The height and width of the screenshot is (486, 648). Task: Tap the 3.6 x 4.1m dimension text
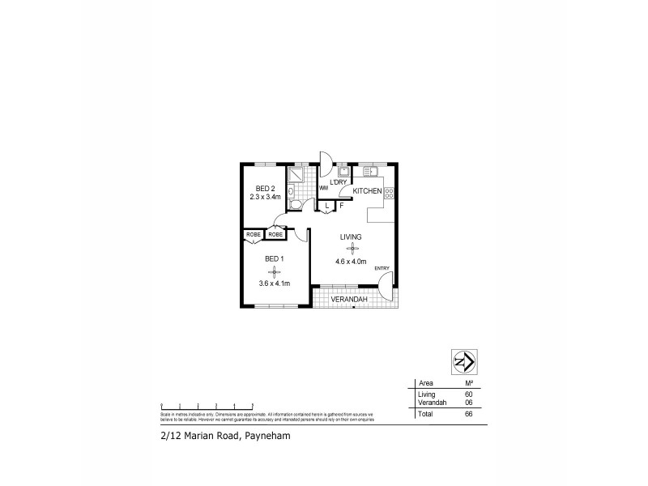click(x=275, y=283)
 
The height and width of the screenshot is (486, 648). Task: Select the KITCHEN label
click(x=367, y=190)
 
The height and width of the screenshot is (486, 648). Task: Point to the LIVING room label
click(x=351, y=237)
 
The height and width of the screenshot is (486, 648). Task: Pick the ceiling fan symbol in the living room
click(x=351, y=249)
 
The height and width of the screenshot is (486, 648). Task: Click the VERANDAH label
click(x=351, y=301)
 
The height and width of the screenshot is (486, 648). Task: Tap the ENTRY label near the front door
click(x=382, y=268)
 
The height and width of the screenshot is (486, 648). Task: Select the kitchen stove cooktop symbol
click(x=389, y=193)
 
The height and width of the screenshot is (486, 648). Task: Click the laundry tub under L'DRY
click(x=344, y=171)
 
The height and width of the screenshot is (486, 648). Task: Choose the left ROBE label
click(x=254, y=235)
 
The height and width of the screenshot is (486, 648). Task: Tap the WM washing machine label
click(x=323, y=188)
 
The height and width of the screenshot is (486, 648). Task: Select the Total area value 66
click(x=468, y=414)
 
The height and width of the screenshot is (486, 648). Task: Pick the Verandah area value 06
click(x=468, y=401)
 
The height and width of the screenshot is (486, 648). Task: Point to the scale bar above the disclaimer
click(x=207, y=404)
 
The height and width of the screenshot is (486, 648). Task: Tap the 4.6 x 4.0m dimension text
click(x=351, y=262)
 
